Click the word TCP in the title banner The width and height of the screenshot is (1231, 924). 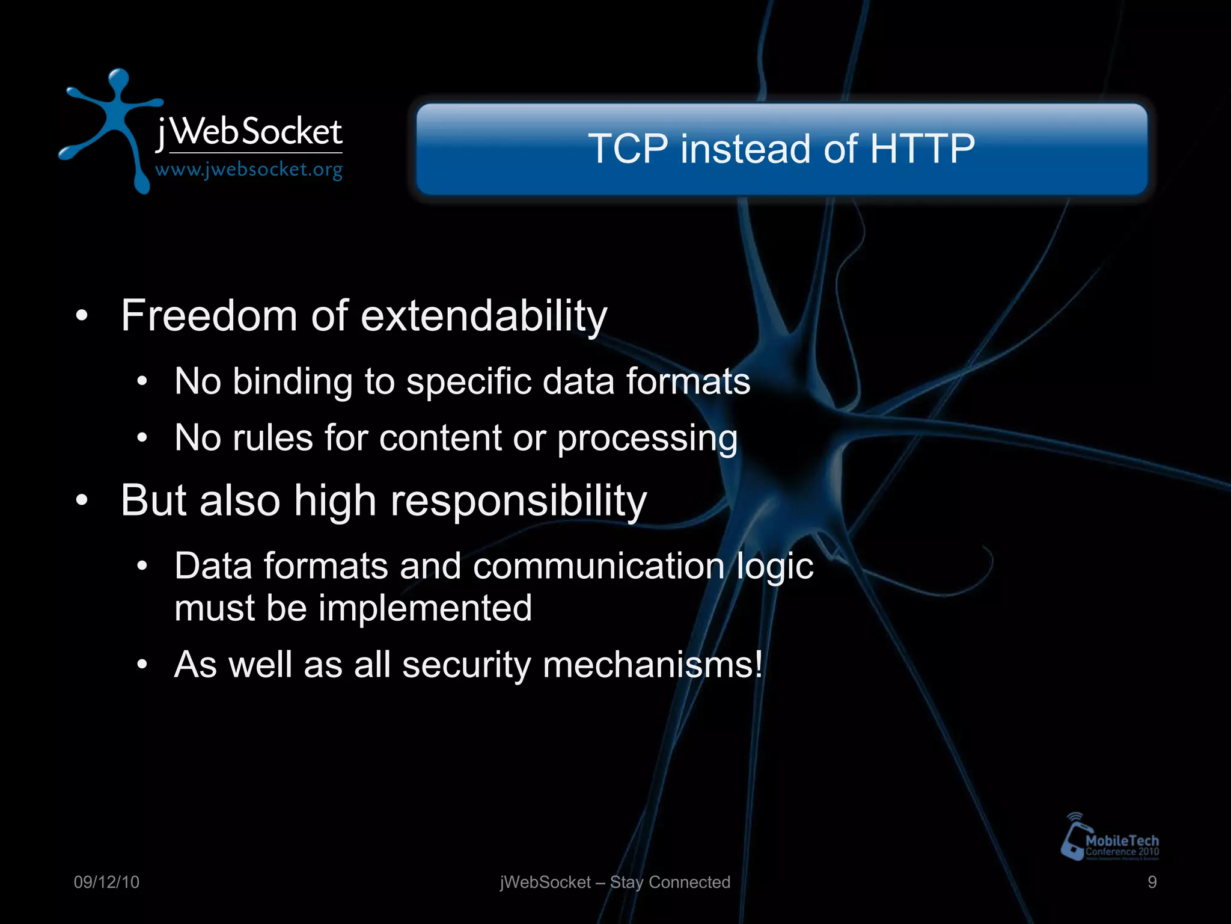tap(628, 149)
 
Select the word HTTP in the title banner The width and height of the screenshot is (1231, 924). tap(922, 149)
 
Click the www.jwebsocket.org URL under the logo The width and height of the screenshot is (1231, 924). tap(249, 170)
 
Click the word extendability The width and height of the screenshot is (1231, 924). tap(484, 316)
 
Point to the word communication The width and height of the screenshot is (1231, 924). tap(598, 566)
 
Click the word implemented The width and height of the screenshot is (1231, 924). tap(425, 608)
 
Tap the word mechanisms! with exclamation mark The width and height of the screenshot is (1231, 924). tap(653, 665)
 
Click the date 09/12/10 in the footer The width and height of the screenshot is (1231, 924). tap(106, 882)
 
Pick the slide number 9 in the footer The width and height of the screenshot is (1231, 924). tap(1152, 882)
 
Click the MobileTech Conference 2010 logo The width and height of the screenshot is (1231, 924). tap(1110, 839)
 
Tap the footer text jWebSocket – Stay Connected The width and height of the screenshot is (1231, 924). tap(615, 882)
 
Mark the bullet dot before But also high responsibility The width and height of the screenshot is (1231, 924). tap(82, 499)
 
